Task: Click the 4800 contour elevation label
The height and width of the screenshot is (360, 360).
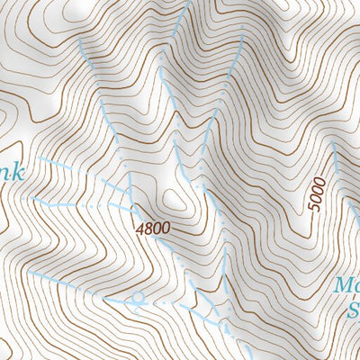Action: [152, 229]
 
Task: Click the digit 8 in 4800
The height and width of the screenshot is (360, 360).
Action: [148, 229]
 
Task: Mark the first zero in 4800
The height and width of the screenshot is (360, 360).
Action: [157, 229]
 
